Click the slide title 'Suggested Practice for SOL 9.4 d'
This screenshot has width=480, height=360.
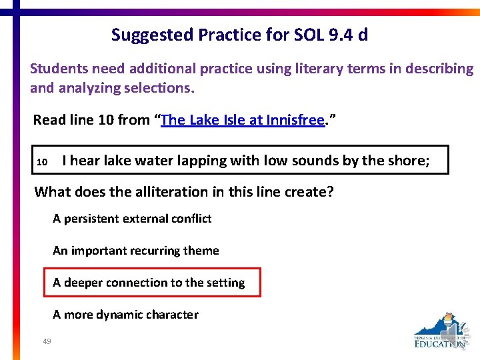[x=239, y=35]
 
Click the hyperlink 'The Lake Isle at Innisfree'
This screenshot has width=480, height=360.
[x=242, y=120]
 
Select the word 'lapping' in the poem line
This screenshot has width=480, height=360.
[x=203, y=160]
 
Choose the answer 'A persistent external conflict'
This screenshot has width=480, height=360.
[x=132, y=219]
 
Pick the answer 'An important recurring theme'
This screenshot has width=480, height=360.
[x=136, y=251]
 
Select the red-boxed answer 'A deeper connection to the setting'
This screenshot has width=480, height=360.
[x=149, y=283]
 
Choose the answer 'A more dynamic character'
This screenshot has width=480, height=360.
[x=125, y=315]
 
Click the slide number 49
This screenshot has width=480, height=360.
[x=47, y=341]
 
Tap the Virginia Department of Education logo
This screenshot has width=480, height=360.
[x=440, y=331]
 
